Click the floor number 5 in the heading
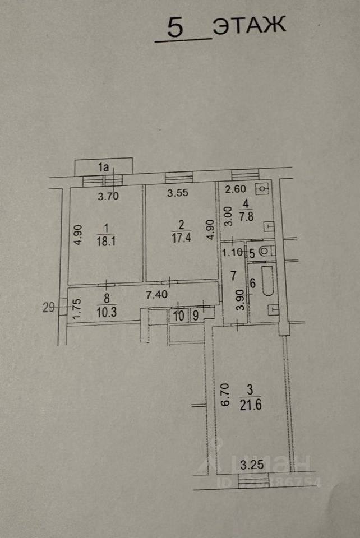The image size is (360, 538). click(176, 28)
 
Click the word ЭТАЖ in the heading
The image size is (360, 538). click(250, 25)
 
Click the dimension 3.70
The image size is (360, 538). click(109, 197)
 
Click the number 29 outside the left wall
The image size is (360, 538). click(49, 306)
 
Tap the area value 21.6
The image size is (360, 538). click(251, 403)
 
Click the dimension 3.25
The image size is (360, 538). click(251, 464)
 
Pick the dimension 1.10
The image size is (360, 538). click(232, 252)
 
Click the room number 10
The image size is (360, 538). click(178, 316)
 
